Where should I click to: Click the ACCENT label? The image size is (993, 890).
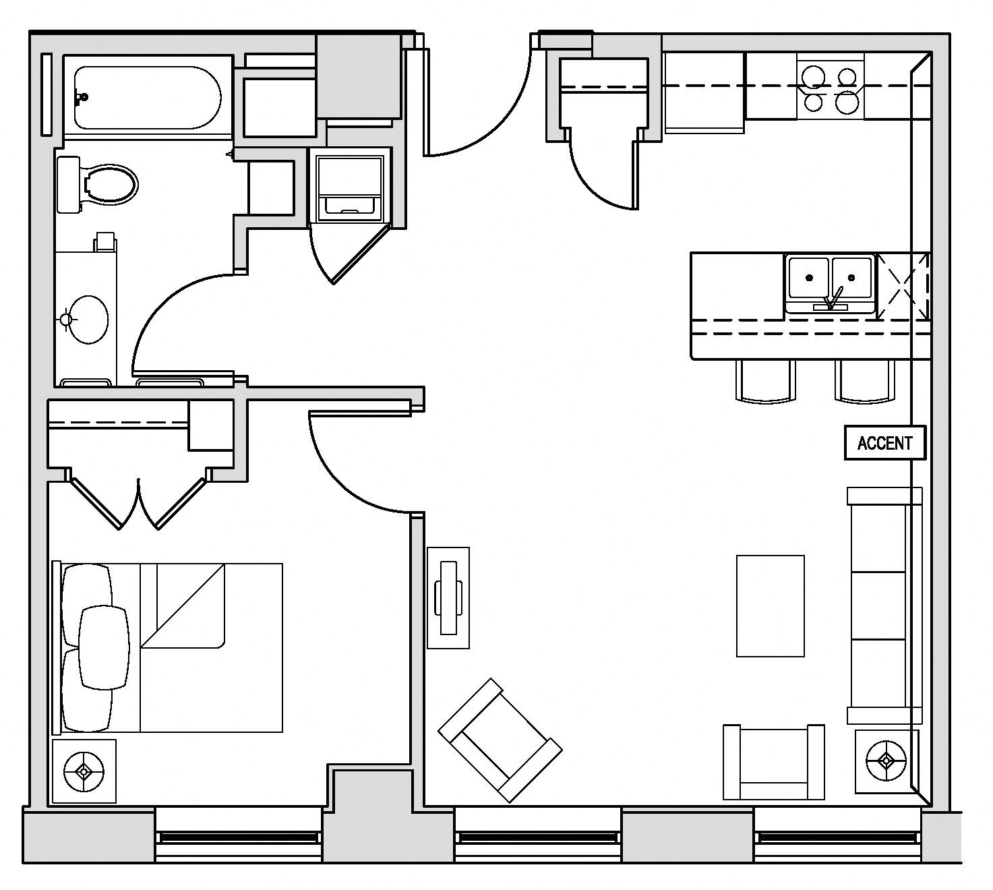pyautogui.click(x=884, y=443)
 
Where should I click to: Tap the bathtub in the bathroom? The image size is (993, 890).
pyautogui.click(x=147, y=97)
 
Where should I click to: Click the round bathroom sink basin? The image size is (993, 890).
pyautogui.click(x=88, y=320)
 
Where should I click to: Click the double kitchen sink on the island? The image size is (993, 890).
pyautogui.click(x=830, y=284)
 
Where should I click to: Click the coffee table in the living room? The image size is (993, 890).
pyautogui.click(x=770, y=605)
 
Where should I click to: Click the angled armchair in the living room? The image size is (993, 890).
pyautogui.click(x=500, y=740)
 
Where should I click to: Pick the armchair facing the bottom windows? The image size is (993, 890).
pyautogui.click(x=773, y=762)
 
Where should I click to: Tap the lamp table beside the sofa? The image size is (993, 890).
pyautogui.click(x=886, y=761)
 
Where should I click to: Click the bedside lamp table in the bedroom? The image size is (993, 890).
pyautogui.click(x=84, y=771)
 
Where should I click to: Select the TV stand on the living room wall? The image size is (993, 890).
pyautogui.click(x=448, y=597)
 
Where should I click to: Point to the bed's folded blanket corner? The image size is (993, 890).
pyautogui.click(x=182, y=607)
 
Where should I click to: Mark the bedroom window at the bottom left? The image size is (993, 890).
pyautogui.click(x=238, y=837)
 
